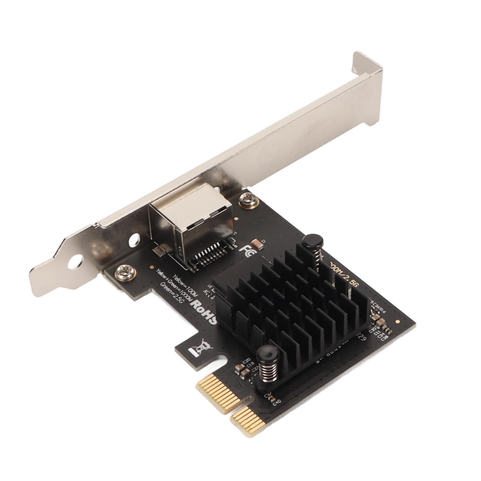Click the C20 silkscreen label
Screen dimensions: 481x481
[x=247, y=361]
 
